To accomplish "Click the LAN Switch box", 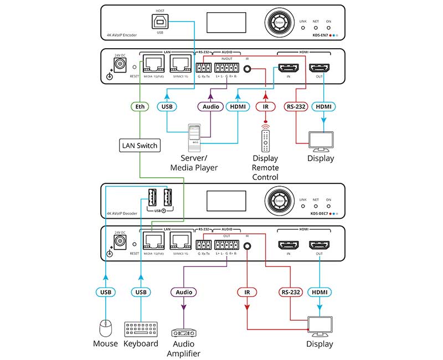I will pos(140,146).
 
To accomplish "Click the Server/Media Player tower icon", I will pos(194,136).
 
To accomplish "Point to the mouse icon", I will pos(106,329).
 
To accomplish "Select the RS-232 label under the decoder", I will pos(290,292).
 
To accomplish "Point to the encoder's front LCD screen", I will pos(224,23).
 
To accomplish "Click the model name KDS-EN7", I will pos(317,35).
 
